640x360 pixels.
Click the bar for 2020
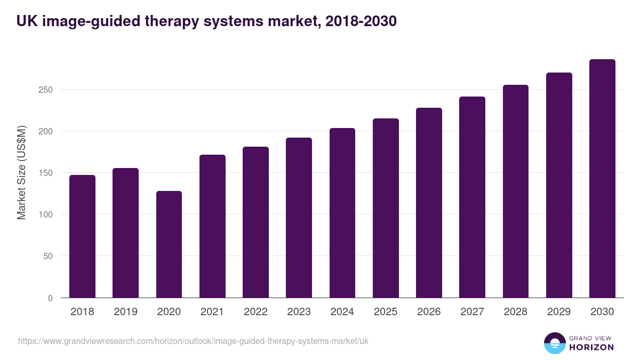[169, 244]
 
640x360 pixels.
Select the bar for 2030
[602, 179]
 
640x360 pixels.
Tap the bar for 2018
[82, 236]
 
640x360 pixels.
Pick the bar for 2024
[342, 213]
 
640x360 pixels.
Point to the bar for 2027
[472, 197]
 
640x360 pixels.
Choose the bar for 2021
[212, 226]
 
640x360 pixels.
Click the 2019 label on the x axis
[125, 312]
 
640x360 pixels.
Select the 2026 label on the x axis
[429, 312]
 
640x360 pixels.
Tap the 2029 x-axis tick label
[559, 312]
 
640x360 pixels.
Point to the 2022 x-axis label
[255, 312]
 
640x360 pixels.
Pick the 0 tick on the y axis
[50, 298]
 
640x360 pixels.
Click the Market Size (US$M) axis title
[21, 173]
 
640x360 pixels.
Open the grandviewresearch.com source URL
[193, 341]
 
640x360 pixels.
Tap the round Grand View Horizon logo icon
[555, 343]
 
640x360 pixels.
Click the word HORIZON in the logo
[591, 347]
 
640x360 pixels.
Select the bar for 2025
[386, 208]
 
